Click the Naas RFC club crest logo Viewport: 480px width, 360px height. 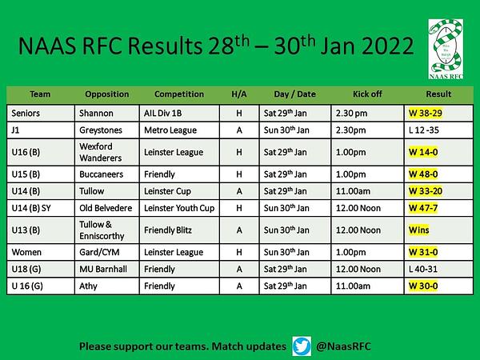click(446, 49)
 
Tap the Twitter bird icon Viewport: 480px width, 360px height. click(302, 346)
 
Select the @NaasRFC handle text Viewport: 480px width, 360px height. click(343, 346)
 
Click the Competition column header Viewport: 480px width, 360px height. click(179, 94)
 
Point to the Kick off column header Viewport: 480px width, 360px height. click(367, 94)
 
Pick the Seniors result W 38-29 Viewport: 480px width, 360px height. click(426, 114)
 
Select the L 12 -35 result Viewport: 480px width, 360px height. click(424, 130)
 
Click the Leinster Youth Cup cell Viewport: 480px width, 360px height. click(179, 208)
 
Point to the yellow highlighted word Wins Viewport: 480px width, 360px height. click(418, 230)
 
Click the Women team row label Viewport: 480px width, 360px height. click(26, 252)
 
